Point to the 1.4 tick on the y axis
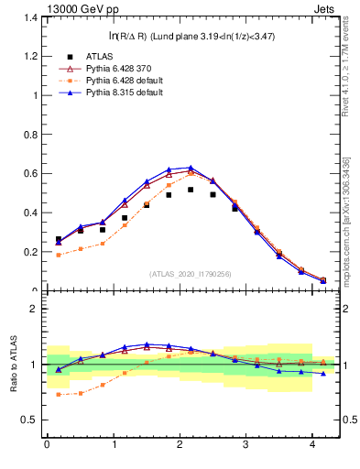31,17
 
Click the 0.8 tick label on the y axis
31,135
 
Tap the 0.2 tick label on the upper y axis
31,252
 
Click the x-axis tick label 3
246,446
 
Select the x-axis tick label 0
47,446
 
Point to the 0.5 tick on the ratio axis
31,420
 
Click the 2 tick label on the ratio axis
36,309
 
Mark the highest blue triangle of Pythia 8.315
191,168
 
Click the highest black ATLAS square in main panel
191,190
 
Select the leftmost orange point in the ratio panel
59,395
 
